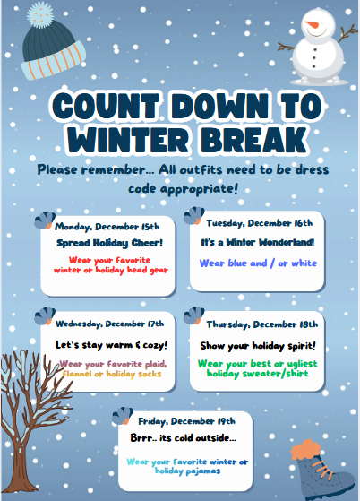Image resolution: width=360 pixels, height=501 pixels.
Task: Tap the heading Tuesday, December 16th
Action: pyautogui.click(x=259, y=222)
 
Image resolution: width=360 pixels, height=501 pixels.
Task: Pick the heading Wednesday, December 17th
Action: pyautogui.click(x=109, y=323)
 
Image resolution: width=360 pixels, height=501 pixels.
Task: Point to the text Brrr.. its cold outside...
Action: pyautogui.click(x=183, y=439)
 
